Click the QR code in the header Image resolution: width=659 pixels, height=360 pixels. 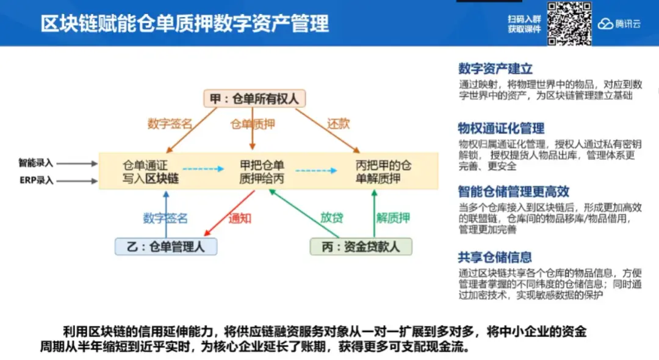(x=569, y=24)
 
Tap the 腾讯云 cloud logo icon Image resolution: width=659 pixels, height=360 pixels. (x=605, y=24)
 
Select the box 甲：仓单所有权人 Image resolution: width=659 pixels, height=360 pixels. (x=254, y=99)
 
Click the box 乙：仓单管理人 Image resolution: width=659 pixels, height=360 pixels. (x=166, y=247)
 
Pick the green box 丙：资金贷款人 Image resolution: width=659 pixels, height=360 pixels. (x=359, y=247)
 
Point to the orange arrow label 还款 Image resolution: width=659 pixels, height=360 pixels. (x=339, y=124)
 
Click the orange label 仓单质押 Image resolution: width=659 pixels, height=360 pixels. (x=253, y=124)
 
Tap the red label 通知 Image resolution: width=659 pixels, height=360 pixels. (x=240, y=218)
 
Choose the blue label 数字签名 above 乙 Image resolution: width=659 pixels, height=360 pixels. (x=165, y=218)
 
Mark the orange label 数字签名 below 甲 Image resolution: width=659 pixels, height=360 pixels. (x=170, y=124)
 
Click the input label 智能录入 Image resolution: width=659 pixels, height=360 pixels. (x=36, y=163)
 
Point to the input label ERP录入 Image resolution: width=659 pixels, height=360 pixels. (x=36, y=181)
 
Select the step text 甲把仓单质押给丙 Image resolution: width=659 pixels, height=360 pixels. (x=262, y=171)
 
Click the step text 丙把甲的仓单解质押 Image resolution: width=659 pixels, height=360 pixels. (x=383, y=171)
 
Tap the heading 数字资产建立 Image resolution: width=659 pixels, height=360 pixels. (x=495, y=69)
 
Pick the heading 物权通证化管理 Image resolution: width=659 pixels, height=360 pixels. (x=501, y=128)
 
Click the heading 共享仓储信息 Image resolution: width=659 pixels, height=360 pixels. (x=495, y=257)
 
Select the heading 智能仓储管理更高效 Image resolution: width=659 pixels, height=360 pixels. (x=513, y=192)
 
